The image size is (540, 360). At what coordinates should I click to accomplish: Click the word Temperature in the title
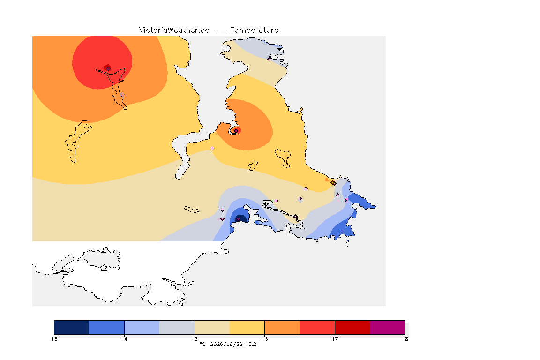point(254,30)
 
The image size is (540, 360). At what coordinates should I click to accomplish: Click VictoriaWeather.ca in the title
point(174,30)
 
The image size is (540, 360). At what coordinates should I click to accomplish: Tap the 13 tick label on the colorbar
point(54,339)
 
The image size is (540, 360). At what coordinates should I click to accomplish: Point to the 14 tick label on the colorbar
point(124,339)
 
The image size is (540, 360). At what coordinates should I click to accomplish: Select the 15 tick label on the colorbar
point(195,339)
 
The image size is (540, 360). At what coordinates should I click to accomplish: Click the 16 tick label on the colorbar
point(264,339)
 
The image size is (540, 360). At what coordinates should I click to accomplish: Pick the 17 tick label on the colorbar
point(335,339)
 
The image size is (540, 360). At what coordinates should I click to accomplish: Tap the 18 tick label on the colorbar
point(405,339)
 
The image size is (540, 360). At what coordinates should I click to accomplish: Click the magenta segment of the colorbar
point(388,327)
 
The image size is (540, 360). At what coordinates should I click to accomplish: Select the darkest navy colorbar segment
point(72,327)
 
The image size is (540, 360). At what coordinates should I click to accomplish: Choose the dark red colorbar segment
point(352,327)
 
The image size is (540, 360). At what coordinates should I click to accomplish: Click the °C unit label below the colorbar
point(202,344)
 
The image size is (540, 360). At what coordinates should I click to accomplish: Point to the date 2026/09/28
point(225,344)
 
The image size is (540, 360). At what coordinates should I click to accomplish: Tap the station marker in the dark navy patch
point(238,219)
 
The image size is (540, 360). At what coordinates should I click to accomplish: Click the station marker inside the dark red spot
point(108,68)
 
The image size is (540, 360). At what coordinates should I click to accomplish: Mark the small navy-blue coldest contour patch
point(241,218)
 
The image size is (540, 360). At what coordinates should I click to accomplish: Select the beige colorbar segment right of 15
point(212,327)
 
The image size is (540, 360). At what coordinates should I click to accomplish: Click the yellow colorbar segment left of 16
point(247,327)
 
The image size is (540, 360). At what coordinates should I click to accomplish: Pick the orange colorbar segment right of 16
point(282,327)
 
